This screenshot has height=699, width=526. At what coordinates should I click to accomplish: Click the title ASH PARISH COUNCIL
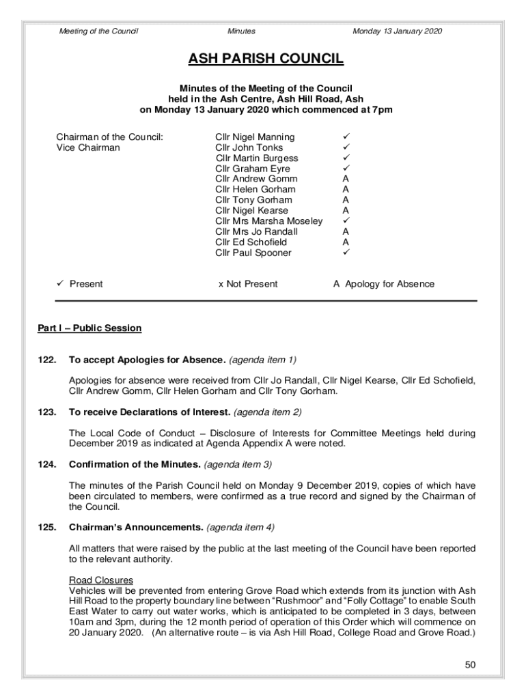coord(266,59)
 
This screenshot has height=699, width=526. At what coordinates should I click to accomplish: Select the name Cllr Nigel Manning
coord(255,137)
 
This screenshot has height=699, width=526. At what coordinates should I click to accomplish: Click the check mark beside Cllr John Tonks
coord(346,147)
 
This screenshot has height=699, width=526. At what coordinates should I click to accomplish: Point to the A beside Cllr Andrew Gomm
coord(346,179)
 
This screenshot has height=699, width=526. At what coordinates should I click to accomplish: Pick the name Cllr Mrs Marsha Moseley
coord(268,221)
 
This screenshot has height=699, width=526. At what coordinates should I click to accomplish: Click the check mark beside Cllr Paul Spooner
coord(346,253)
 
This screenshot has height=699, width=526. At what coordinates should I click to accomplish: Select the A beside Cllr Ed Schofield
coord(346,242)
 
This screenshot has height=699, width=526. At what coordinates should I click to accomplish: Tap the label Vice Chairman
coord(87,147)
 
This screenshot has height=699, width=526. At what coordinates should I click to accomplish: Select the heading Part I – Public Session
coord(89,328)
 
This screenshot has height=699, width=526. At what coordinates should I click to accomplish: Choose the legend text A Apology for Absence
coord(383,284)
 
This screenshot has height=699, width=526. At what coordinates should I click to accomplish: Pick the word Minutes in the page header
coord(241,31)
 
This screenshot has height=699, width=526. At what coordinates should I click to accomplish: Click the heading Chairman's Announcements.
coord(135,528)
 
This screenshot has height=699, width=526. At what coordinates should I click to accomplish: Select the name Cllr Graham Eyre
coord(252,169)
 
